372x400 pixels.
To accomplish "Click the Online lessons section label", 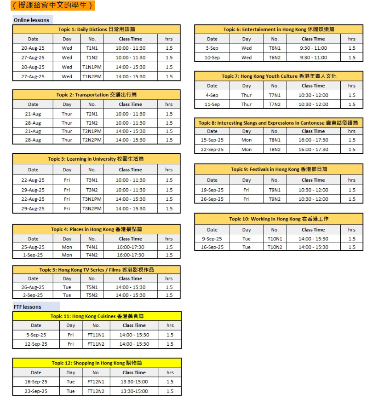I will (x=31, y=20).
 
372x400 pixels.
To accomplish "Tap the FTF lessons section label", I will (x=28, y=307).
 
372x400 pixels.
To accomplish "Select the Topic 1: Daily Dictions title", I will (x=97, y=29).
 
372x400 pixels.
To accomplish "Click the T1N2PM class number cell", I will (x=92, y=77).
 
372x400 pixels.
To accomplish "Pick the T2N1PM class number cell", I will (x=92, y=131).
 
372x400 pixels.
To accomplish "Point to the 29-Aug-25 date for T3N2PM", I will (x=33, y=209).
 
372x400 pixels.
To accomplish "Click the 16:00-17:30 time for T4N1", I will (x=130, y=247).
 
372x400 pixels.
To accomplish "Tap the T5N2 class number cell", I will (x=92, y=295).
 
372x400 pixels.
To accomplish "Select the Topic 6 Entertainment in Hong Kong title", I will (x=279, y=29).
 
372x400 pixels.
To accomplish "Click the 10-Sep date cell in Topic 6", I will (x=212, y=58).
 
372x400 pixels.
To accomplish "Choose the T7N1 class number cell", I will (x=275, y=95).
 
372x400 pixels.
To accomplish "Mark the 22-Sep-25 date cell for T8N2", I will (x=212, y=150).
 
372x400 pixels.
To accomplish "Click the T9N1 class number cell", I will (x=275, y=190).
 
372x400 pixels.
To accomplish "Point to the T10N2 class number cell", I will (x=275, y=247).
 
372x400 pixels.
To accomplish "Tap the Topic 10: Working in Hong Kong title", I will (x=279, y=219).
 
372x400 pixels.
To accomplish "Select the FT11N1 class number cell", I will (x=96, y=335).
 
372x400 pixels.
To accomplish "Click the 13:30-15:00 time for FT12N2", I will (x=134, y=391).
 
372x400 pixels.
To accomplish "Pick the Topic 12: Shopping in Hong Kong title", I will (x=97, y=363).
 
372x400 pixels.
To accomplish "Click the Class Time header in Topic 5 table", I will (x=130, y=278).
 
